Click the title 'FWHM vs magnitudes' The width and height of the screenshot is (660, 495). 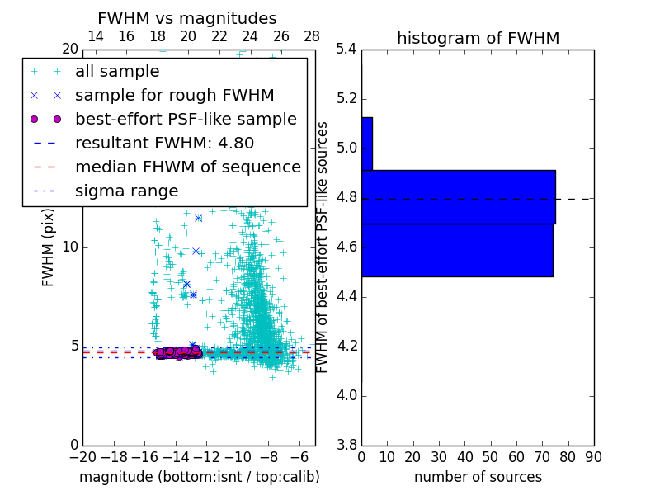pyautogui.click(x=187, y=19)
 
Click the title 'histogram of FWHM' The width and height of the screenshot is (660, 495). pyautogui.click(x=478, y=38)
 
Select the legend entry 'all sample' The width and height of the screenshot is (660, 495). pyautogui.click(x=117, y=72)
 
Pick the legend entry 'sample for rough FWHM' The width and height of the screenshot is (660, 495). pyautogui.click(x=174, y=95)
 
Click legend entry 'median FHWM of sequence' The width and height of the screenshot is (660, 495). pyautogui.click(x=187, y=167)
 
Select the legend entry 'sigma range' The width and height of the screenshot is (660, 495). pyautogui.click(x=126, y=191)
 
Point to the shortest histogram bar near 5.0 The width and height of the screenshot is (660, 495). pyautogui.click(x=367, y=144)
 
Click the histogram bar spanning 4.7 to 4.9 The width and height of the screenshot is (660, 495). pyautogui.click(x=458, y=197)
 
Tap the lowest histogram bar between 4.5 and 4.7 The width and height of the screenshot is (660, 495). pyautogui.click(x=456, y=250)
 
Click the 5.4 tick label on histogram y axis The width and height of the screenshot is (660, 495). pyautogui.click(x=346, y=49)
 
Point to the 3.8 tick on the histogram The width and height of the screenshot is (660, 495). pyautogui.click(x=346, y=445)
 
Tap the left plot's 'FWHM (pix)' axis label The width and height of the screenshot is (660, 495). pyautogui.click(x=49, y=246)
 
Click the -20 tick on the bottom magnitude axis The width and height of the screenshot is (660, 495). pyautogui.click(x=82, y=457)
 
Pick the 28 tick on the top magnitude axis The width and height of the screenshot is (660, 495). pyautogui.click(x=312, y=36)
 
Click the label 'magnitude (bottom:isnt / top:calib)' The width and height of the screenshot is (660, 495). pyautogui.click(x=199, y=477)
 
